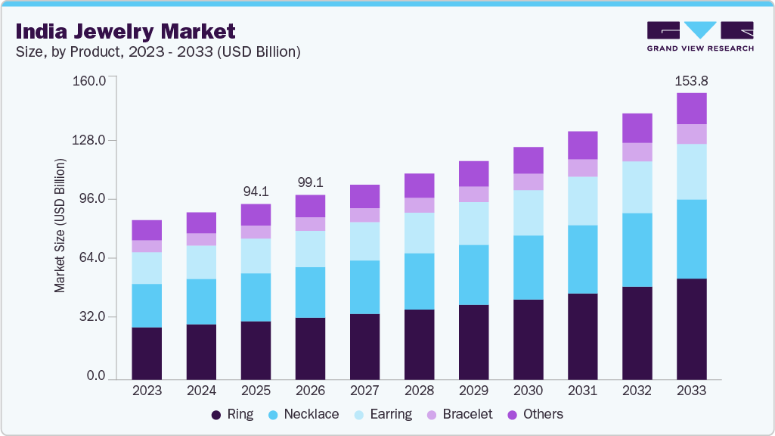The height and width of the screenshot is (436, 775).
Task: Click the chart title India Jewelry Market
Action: pos(125,31)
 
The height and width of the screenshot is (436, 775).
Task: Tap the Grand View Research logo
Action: pos(700,36)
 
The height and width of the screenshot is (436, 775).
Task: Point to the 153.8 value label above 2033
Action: pos(691,80)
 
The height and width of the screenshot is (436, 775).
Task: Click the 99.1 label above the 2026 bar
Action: pos(310,182)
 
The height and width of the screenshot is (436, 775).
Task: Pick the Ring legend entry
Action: pos(232,414)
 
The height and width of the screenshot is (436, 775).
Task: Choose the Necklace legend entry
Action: pos(303,414)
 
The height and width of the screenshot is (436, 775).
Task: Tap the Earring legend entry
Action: pos(383,414)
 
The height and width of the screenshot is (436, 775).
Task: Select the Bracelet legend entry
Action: pos(459,414)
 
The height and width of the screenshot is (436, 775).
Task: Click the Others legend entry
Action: pos(535,414)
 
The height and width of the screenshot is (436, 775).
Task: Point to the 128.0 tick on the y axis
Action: pos(88,140)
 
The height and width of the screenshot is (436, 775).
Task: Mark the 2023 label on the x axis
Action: pos(147,391)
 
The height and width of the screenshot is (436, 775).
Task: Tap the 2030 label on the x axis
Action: pos(528,391)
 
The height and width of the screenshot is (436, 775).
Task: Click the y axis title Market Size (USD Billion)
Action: pos(60,226)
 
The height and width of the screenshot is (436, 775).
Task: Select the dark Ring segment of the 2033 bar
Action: pos(691,329)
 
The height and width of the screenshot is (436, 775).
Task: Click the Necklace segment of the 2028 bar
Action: pos(419,281)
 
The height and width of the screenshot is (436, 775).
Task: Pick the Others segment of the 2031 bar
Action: pos(582,145)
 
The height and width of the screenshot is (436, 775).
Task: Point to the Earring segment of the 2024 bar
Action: pos(201,262)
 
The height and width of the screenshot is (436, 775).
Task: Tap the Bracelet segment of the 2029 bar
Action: pos(473,194)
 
